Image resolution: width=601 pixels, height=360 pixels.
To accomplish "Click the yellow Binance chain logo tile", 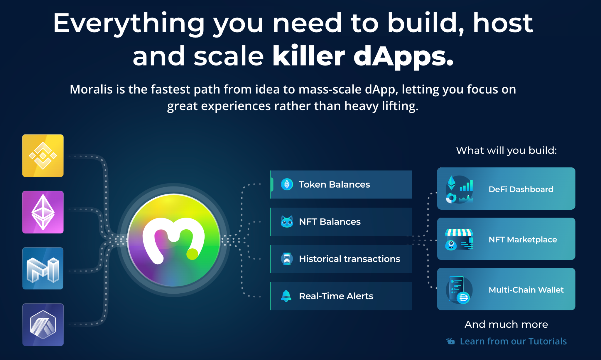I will tap(43, 156).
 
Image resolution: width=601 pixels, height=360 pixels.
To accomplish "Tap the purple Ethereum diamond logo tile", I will tap(43, 212).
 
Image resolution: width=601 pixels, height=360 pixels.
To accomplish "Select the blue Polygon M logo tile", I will tap(43, 268).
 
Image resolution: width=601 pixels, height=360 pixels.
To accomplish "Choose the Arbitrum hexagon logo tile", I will tap(43, 324).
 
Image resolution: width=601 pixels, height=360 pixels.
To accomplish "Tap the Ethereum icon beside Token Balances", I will tap(287, 184).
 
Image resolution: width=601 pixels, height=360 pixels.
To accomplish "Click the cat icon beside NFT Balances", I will tap(287, 222).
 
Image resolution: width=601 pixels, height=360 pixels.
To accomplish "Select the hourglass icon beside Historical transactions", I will tap(287, 259).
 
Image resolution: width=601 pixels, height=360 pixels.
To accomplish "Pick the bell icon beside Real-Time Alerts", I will tap(286, 296).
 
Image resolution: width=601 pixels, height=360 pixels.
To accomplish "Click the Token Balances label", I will tap(334, 184).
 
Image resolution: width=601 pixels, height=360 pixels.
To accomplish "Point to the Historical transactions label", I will tap(349, 259).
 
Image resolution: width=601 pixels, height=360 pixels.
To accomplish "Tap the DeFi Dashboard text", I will tap(521, 189).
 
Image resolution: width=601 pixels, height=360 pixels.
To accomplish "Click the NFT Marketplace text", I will tap(523, 240).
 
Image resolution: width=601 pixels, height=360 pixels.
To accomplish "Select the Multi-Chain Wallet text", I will tap(526, 290).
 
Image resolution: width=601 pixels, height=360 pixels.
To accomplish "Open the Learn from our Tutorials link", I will tap(513, 341).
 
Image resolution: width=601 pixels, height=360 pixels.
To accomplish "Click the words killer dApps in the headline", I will tap(363, 56).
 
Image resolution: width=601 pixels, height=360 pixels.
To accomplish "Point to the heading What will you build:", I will tap(506, 150).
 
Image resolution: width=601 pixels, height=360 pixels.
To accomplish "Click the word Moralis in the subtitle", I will tap(91, 89).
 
